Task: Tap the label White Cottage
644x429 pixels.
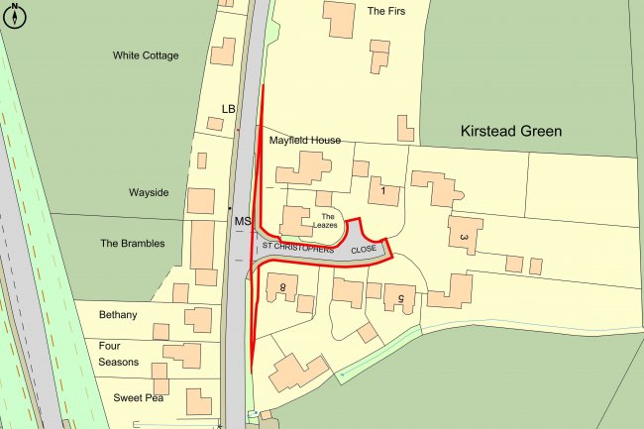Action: [x=146, y=55]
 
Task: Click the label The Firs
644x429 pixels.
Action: [x=387, y=12]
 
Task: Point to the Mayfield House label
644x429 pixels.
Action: [x=305, y=141]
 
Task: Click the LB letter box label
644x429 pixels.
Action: [x=230, y=108]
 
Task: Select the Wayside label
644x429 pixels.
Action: [x=149, y=192]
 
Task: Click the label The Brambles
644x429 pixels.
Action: [x=132, y=243]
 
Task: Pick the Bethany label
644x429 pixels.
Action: [x=118, y=315]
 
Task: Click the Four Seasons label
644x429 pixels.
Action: [x=118, y=354]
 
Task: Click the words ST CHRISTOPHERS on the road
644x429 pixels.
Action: [x=296, y=245]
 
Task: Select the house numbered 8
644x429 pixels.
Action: [x=282, y=286]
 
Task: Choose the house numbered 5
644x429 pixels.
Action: [x=400, y=298]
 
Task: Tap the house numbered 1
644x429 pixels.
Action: [x=383, y=188]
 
